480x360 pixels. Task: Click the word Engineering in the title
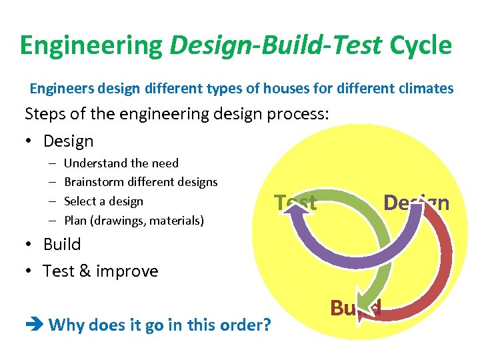[x=91, y=45]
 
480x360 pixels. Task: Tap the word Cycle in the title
[x=421, y=45]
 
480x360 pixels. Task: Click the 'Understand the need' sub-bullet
[x=121, y=163]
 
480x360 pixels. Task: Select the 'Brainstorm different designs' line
[x=141, y=182]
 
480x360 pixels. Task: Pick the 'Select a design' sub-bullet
[x=103, y=201]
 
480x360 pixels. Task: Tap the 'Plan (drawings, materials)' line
[x=133, y=221]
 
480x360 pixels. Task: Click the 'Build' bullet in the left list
[x=61, y=245]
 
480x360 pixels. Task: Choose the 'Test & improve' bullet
[x=100, y=271]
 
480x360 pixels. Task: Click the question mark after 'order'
[x=266, y=325]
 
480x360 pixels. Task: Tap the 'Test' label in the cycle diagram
[x=295, y=202]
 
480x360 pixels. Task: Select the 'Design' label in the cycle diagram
[x=416, y=203]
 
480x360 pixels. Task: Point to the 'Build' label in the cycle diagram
[x=355, y=308]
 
